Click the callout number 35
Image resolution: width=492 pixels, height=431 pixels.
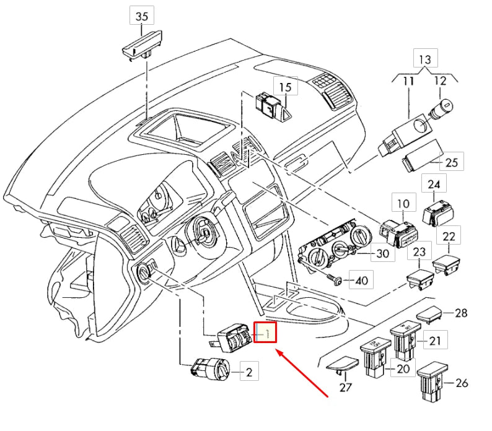(x=142, y=17)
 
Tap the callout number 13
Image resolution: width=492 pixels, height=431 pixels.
(x=424, y=59)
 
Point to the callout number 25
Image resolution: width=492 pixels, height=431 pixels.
(x=452, y=163)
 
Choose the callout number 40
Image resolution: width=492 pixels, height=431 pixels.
(x=361, y=281)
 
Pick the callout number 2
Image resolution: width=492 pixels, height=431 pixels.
(x=249, y=372)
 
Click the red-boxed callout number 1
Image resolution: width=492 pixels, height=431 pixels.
(x=268, y=333)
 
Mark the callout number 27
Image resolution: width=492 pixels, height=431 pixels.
(x=345, y=388)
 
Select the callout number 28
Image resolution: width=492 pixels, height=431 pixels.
(x=460, y=313)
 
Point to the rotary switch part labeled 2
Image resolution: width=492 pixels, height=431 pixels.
(x=210, y=368)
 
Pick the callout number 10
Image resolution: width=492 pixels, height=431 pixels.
(x=403, y=203)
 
